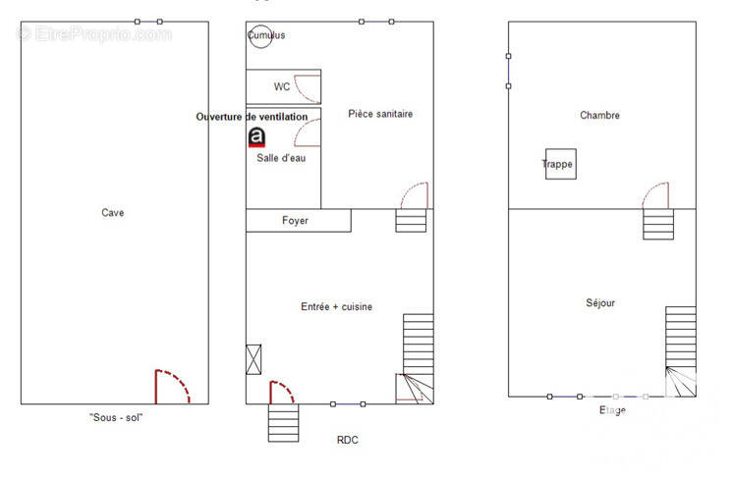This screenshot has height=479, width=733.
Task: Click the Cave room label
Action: (113, 213)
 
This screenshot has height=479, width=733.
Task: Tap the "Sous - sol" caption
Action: (116, 418)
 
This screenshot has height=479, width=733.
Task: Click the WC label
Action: (282, 86)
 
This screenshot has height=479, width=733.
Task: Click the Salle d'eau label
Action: (281, 158)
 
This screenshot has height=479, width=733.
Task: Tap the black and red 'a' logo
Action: (256, 137)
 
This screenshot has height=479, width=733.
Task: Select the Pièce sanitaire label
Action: (380, 114)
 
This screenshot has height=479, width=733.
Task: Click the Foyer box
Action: (299, 220)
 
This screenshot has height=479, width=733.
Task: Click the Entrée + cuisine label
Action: (337, 306)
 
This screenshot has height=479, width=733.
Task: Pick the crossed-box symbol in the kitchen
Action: (254, 359)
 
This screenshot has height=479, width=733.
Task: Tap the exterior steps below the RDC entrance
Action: (283, 423)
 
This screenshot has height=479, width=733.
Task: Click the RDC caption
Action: (347, 440)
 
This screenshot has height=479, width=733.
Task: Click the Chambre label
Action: (599, 115)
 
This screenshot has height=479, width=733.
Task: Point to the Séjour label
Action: (600, 303)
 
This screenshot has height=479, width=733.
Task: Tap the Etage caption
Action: (612, 410)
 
